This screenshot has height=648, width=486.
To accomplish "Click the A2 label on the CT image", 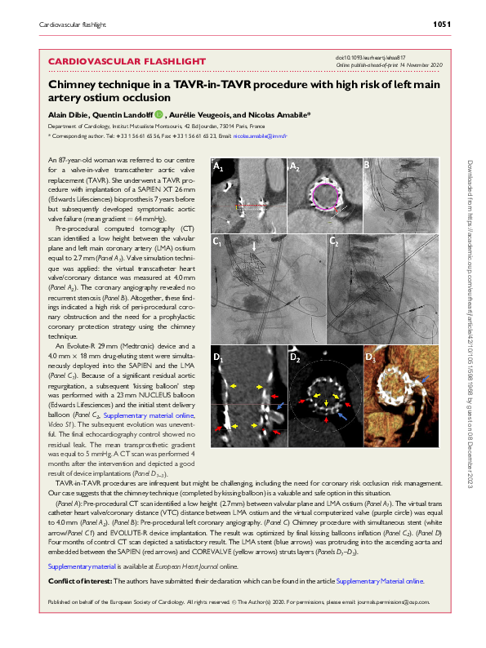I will [x=295, y=166].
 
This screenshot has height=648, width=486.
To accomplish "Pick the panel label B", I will [x=368, y=165].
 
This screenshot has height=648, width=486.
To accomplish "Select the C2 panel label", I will [x=333, y=242].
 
